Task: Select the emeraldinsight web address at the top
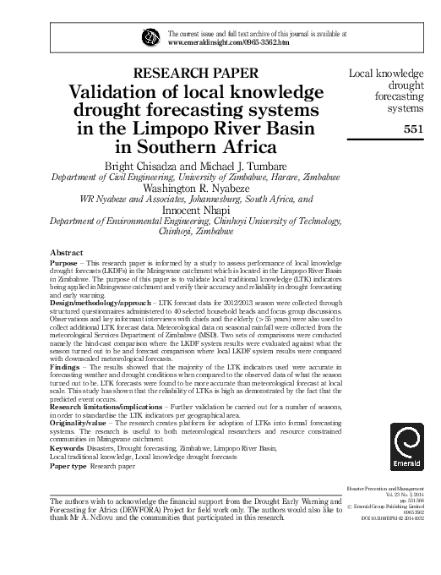click(x=224, y=41)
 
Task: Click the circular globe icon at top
click(x=150, y=36)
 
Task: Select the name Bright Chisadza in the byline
click(x=139, y=164)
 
